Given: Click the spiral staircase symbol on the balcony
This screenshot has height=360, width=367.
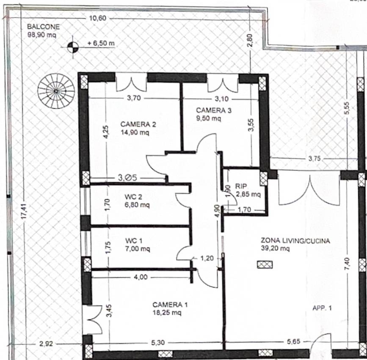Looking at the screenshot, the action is pyautogui.click(x=56, y=91).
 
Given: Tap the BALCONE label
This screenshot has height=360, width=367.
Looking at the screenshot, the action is pyautogui.click(x=43, y=27).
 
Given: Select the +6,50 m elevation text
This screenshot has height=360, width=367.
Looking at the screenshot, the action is pyautogui.click(x=101, y=43).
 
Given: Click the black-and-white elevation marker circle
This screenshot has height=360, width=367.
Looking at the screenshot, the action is pyautogui.click(x=73, y=47).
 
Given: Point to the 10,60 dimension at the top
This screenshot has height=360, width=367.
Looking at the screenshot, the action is pyautogui.click(x=98, y=18).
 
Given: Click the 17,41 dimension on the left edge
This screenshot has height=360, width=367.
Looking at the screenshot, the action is pyautogui.click(x=25, y=212).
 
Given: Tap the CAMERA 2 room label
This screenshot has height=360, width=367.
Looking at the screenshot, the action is pyautogui.click(x=138, y=124).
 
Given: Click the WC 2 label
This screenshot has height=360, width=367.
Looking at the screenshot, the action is pyautogui.click(x=133, y=197).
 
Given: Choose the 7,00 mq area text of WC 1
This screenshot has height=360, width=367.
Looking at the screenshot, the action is pyautogui.click(x=138, y=249).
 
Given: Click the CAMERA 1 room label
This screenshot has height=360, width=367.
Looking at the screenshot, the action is pyautogui.click(x=170, y=305).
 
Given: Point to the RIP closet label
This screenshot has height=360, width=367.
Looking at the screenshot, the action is pyautogui.click(x=241, y=186).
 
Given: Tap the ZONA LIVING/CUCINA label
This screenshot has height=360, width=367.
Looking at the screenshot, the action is pyautogui.click(x=295, y=240).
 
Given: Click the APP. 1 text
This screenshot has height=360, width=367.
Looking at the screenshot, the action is pyautogui.click(x=322, y=308).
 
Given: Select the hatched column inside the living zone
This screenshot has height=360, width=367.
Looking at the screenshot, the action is pyautogui.click(x=265, y=264).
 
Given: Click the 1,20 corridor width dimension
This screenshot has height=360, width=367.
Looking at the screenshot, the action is pyautogui.click(x=207, y=258).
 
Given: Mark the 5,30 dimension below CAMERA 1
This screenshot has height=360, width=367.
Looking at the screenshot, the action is pyautogui.click(x=158, y=343).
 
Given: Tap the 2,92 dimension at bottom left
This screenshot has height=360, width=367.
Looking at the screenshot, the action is pyautogui.click(x=46, y=344).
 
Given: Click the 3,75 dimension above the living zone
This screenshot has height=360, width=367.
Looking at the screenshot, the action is pyautogui.click(x=315, y=159).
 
